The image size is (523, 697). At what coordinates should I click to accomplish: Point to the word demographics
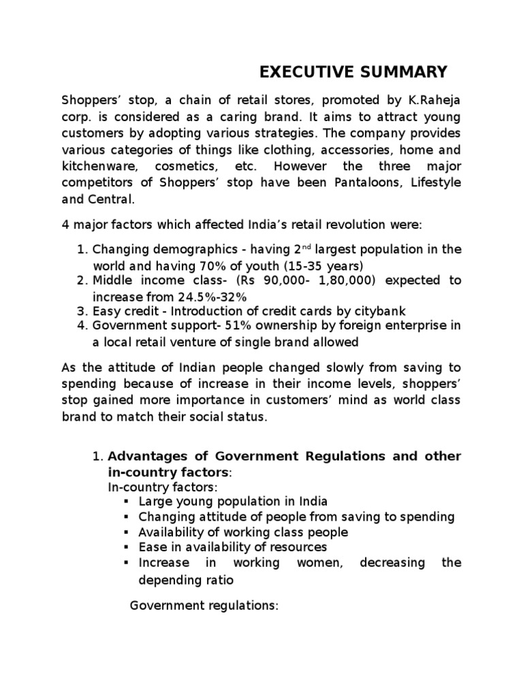[173, 249]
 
